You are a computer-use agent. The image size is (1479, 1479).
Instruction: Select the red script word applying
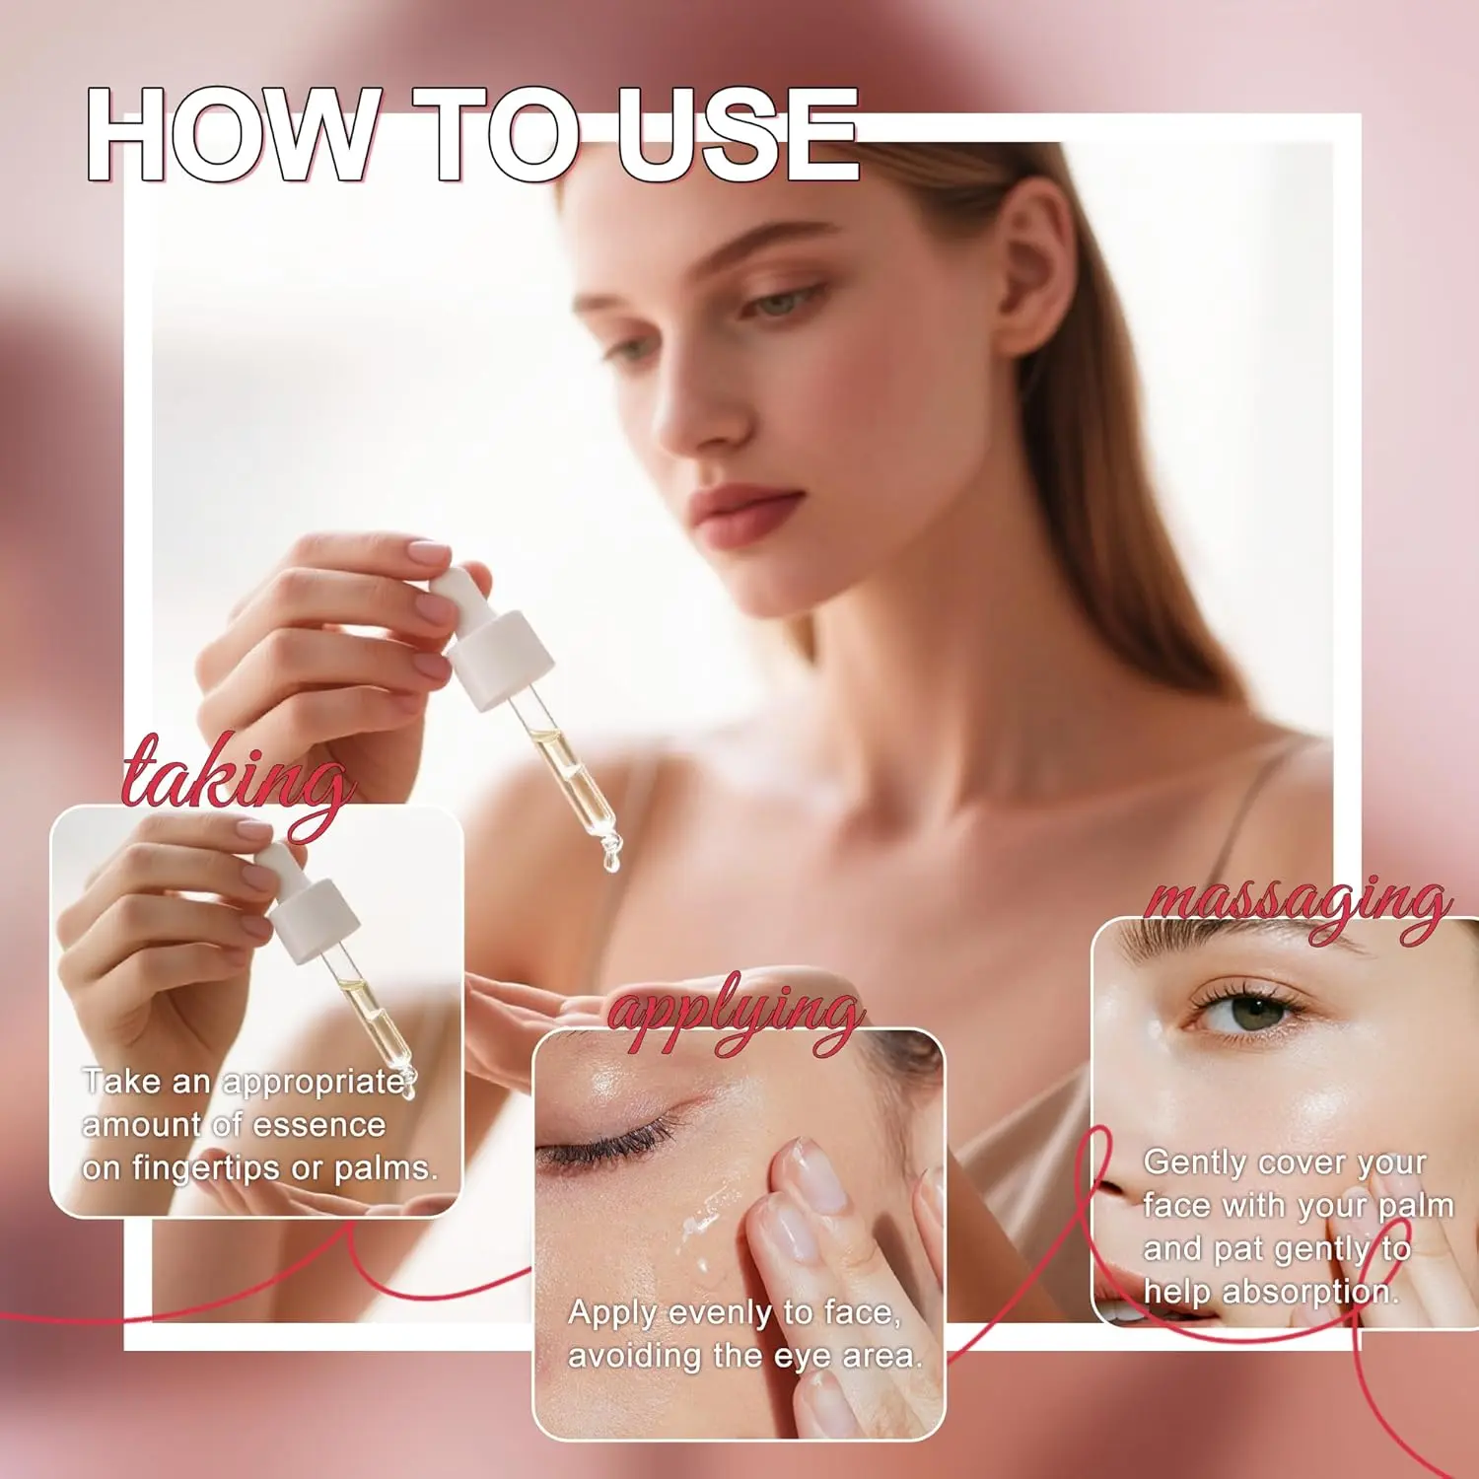(x=735, y=1016)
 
